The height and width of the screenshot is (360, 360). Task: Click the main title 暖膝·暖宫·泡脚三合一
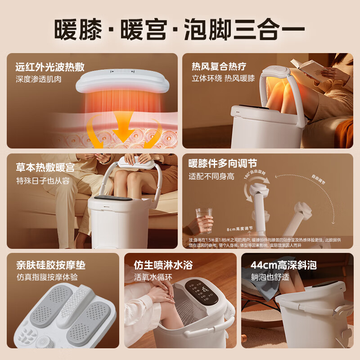tap(180, 29)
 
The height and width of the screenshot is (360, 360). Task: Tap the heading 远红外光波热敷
tap(50, 67)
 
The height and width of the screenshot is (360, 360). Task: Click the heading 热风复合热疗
tap(219, 67)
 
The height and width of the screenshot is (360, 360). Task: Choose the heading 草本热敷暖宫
tap(45, 167)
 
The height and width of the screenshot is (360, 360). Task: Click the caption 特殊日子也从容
tap(43, 180)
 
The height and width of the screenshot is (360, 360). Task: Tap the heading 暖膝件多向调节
tap(223, 163)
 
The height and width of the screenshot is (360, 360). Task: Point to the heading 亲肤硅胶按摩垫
tap(51, 265)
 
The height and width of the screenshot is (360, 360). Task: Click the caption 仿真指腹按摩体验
tap(47, 277)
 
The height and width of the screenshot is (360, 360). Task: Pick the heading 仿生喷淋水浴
tap(163, 265)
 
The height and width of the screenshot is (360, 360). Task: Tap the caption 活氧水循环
tap(153, 277)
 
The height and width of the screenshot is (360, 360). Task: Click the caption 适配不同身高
tap(211, 176)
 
